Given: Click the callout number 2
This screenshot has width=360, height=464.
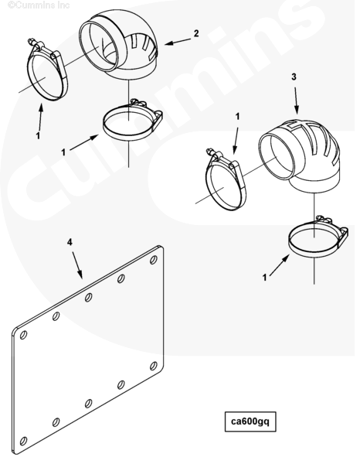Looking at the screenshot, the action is pyautogui.click(x=196, y=33).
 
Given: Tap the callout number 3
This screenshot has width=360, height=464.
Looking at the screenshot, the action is pyautogui.click(x=294, y=77).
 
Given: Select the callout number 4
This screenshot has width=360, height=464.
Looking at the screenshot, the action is pyautogui.click(x=70, y=242).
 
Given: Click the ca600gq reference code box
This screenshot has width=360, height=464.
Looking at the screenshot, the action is pyautogui.click(x=250, y=421).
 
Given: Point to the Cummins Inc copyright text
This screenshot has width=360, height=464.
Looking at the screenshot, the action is pyautogui.click(x=39, y=5).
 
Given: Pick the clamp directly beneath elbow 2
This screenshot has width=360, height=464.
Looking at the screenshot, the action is pyautogui.click(x=132, y=121).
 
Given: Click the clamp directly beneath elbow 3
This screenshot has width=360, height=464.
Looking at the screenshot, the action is pyautogui.click(x=318, y=237).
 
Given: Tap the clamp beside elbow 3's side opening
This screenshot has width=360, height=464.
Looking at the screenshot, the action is pyautogui.click(x=226, y=179).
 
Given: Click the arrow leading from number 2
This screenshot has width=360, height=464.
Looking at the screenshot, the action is pyautogui.click(x=178, y=42).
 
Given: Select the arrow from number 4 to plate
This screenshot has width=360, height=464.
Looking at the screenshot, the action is pyautogui.click(x=77, y=265).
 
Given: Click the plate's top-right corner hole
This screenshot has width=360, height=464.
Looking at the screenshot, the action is pyautogui.click(x=154, y=260).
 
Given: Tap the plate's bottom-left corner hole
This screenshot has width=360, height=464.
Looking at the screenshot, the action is pyautogui.click(x=23, y=441).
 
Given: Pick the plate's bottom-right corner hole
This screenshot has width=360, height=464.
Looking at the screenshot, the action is pyautogui.click(x=154, y=366).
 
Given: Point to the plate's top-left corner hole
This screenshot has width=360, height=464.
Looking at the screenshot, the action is pyautogui.click(x=23, y=335).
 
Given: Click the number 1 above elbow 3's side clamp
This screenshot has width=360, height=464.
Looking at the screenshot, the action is pyautogui.click(x=237, y=117).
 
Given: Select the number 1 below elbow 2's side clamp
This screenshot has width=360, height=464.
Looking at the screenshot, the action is pyautogui.click(x=38, y=136).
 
